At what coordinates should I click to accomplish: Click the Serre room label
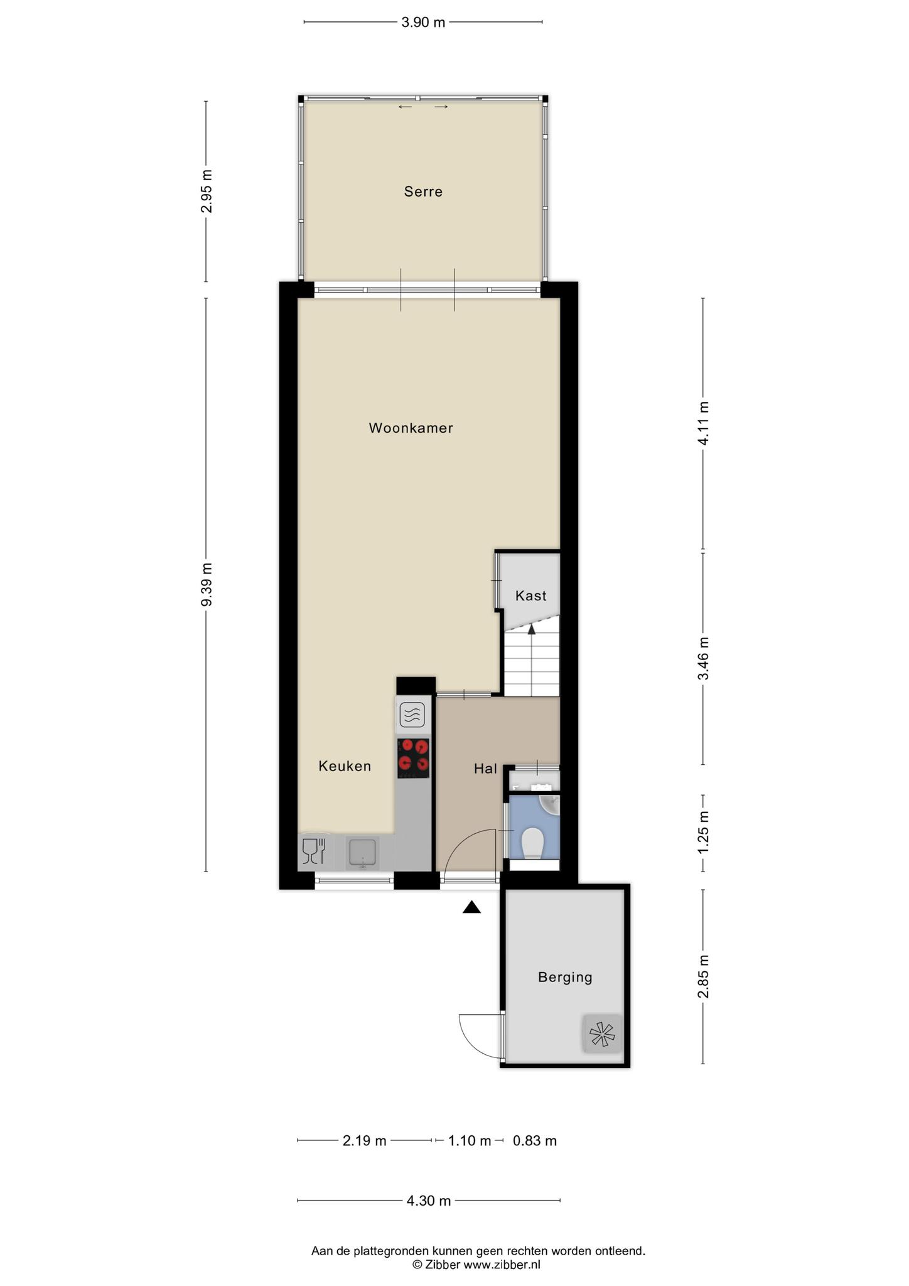423,192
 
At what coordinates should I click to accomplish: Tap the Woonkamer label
411,428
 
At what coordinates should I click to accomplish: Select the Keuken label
345,766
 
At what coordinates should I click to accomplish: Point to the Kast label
531,596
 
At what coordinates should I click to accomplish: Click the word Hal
485,769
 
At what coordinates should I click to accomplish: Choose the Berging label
565,977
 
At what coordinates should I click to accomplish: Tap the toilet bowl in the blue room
533,843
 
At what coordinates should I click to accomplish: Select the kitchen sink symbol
363,853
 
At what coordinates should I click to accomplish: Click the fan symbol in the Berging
603,1034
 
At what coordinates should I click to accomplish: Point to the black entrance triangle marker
471,907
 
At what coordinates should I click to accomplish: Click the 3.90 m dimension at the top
423,23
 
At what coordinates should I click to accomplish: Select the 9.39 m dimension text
207,585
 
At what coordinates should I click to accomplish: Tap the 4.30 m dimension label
429,1201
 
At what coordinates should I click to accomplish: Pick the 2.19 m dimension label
364,1140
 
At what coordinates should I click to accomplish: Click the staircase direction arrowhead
532,629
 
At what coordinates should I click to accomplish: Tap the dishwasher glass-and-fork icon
314,852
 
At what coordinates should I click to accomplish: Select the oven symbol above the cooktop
412,715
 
